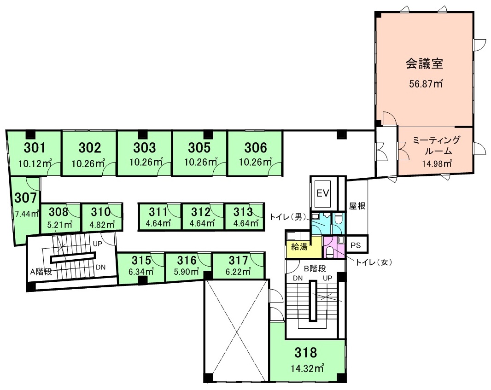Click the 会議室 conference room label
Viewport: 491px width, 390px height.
tap(424, 64)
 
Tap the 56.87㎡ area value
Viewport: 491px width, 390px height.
tap(426, 84)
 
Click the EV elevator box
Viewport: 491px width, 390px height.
tap(322, 192)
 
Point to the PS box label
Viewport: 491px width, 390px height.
tap(356, 245)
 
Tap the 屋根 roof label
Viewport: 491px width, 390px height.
tap(357, 206)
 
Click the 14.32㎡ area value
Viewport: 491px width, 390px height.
tap(307, 368)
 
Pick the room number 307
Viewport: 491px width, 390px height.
tap(25, 198)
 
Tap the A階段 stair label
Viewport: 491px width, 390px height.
tap(41, 272)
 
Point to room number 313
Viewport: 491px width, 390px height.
tap(243, 212)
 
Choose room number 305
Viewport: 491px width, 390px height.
tap(199, 147)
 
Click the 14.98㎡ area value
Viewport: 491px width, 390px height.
tap(436, 163)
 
